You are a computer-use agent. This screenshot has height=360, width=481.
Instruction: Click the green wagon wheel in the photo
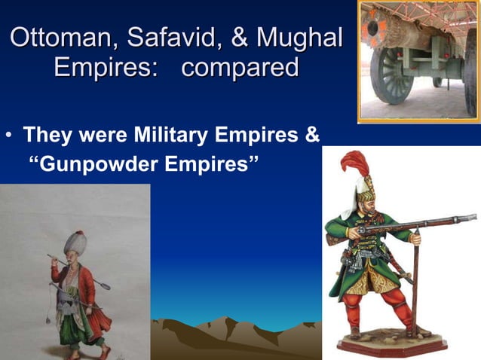coord(394,75)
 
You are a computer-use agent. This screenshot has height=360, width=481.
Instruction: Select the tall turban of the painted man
coord(75,243)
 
